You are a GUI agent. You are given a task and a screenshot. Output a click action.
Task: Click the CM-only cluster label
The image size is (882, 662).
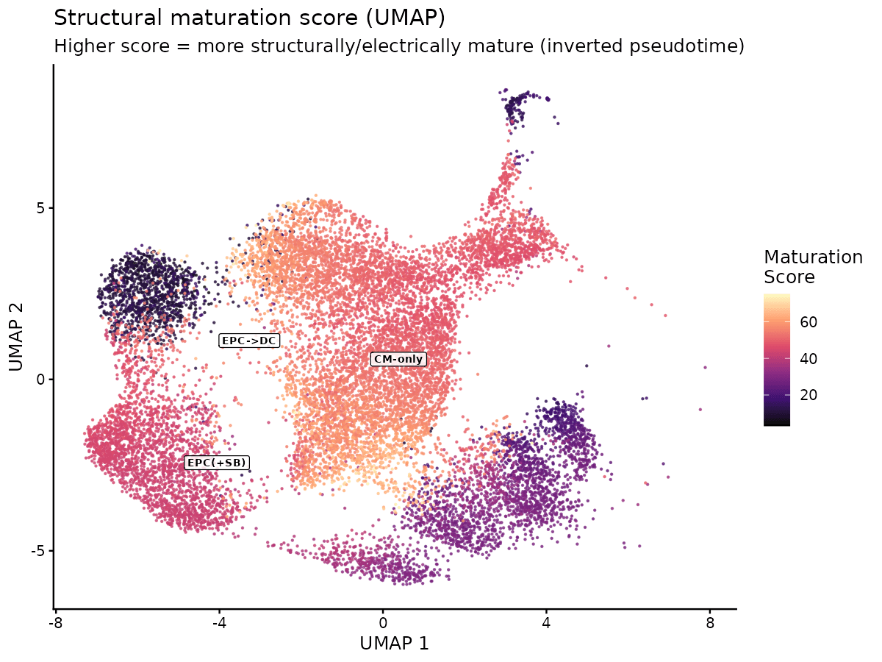point(398,359)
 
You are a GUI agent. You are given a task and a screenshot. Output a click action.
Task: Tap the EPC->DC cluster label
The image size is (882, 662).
point(249,341)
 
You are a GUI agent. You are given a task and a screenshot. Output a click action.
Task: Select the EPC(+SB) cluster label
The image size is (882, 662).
point(217,463)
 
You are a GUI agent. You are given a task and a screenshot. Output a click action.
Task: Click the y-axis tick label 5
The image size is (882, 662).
point(41,207)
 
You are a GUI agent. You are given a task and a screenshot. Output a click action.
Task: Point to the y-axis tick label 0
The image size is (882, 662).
point(41,380)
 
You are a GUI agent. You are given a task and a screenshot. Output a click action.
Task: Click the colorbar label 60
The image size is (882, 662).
point(807,322)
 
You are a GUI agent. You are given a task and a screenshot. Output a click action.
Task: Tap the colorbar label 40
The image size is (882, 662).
point(807,358)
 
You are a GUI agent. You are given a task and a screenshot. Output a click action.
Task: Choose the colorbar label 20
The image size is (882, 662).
point(807,394)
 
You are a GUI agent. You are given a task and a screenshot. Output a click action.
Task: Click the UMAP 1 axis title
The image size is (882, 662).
point(394,643)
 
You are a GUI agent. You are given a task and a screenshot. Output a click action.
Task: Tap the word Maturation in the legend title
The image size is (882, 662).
point(813,257)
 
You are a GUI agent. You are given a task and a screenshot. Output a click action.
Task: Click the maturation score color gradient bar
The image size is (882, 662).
point(777,360)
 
